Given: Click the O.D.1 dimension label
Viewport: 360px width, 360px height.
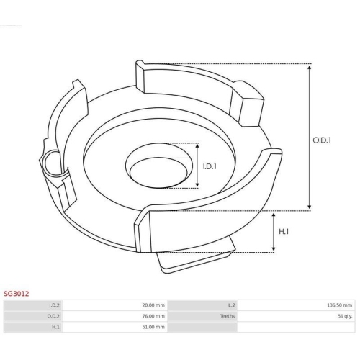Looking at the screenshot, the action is [x=322, y=140].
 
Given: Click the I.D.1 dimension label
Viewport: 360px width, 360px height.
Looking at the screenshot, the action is [x=210, y=166].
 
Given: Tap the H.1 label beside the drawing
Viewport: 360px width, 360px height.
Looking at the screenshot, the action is [x=284, y=232].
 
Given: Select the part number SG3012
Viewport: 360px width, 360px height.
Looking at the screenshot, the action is [x=16, y=294].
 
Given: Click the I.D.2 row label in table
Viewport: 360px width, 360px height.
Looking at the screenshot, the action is [x=54, y=305].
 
